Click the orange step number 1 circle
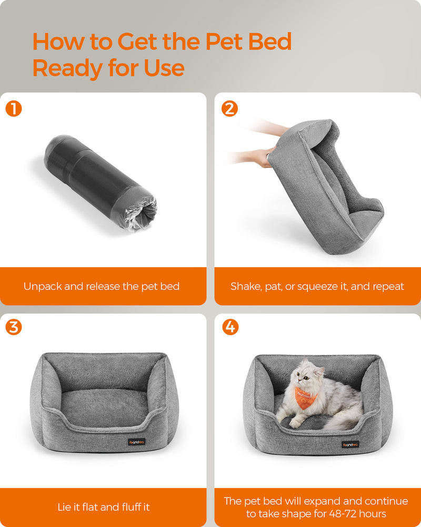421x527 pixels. [14, 109]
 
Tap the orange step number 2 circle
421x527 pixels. [230, 109]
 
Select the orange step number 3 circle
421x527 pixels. [14, 327]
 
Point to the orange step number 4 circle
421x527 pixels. [230, 327]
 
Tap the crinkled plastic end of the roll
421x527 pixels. [141, 214]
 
